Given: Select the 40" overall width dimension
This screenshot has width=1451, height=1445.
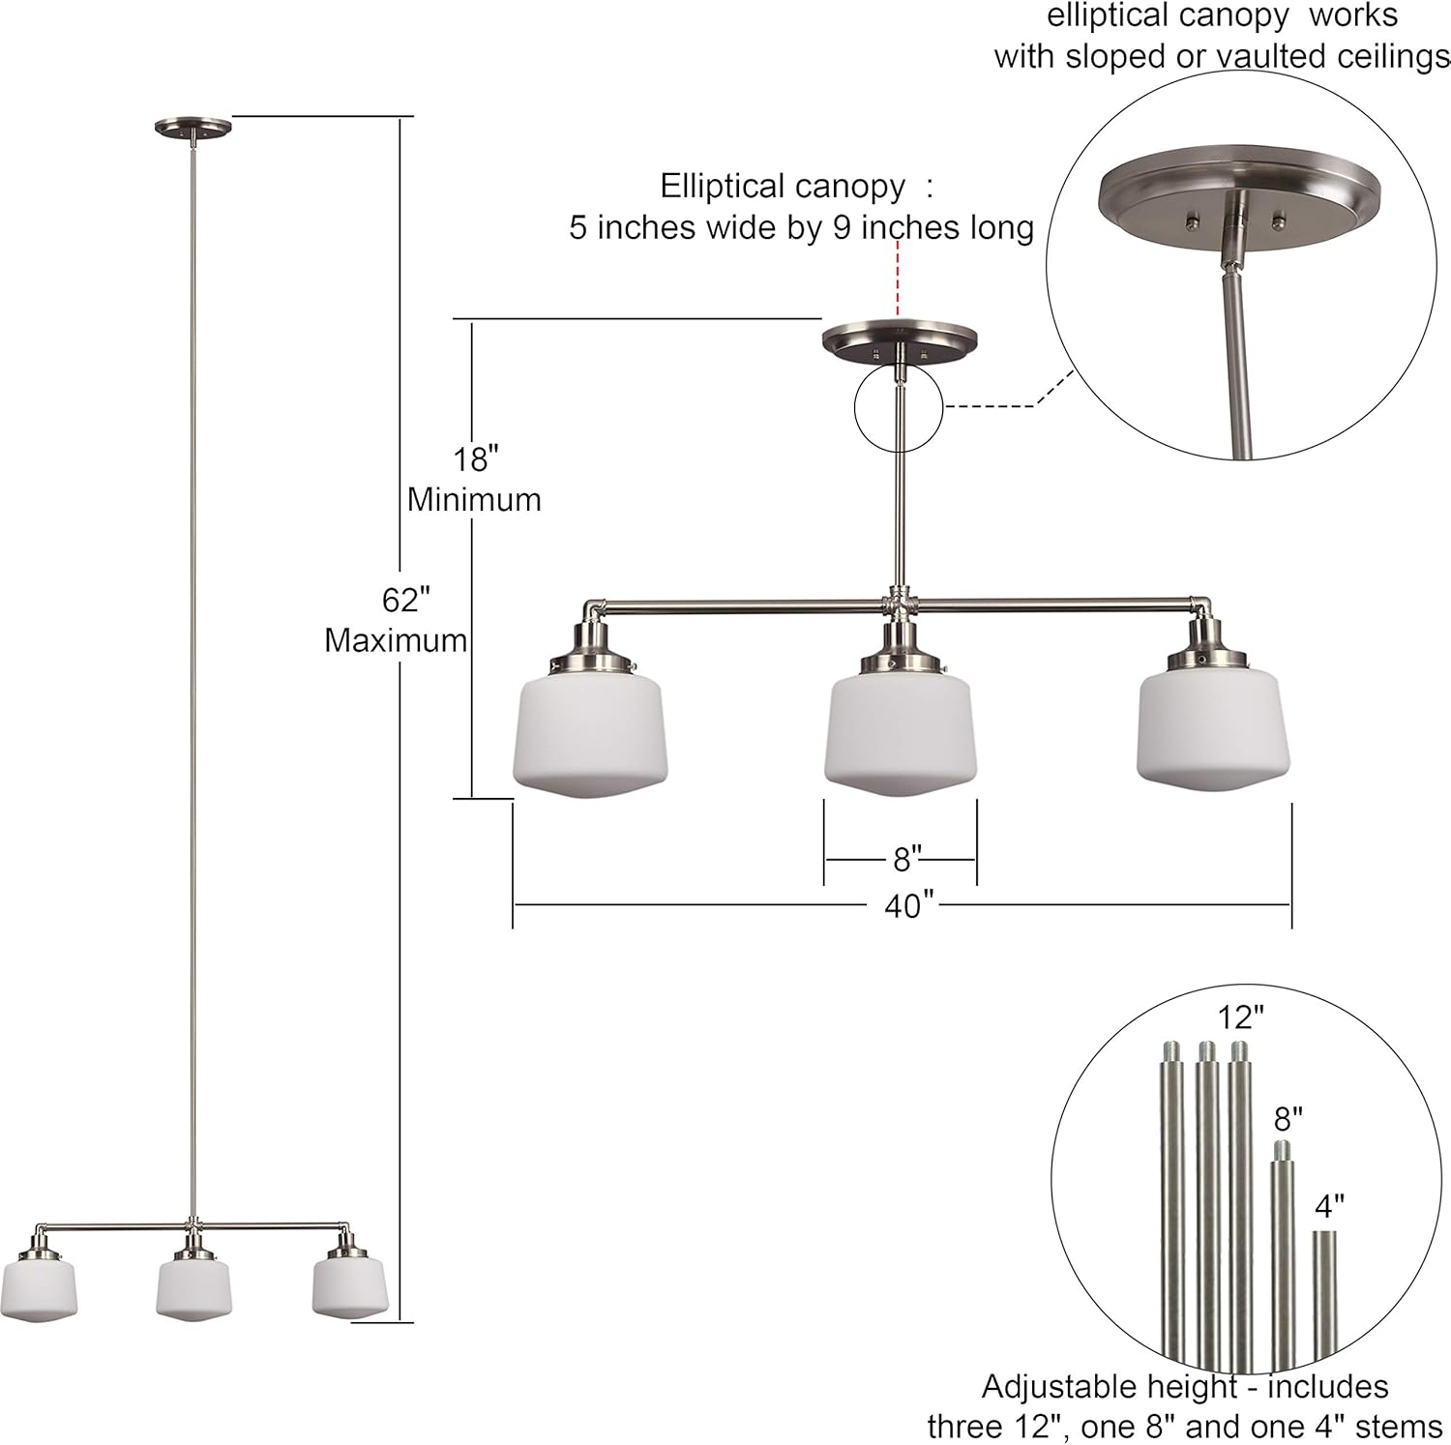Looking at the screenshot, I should click(x=908, y=906).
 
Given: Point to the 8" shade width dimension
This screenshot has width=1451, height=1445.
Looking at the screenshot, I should click(x=905, y=859).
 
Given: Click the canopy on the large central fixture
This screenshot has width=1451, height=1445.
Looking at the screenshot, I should click(x=899, y=342).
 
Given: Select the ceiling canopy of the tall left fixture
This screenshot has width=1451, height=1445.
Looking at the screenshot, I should click(x=194, y=126).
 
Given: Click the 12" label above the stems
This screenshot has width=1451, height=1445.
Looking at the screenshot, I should click(x=1240, y=1017).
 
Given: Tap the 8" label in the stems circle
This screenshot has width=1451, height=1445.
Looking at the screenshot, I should click(x=1288, y=1120).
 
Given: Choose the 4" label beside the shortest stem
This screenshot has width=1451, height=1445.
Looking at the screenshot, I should click(x=1329, y=1206).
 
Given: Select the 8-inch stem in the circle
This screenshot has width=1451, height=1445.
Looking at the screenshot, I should click(x=1283, y=1257).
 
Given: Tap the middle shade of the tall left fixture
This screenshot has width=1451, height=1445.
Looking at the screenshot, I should click(x=193, y=1286).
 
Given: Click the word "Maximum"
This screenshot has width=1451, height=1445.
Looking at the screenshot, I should click(x=396, y=640).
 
